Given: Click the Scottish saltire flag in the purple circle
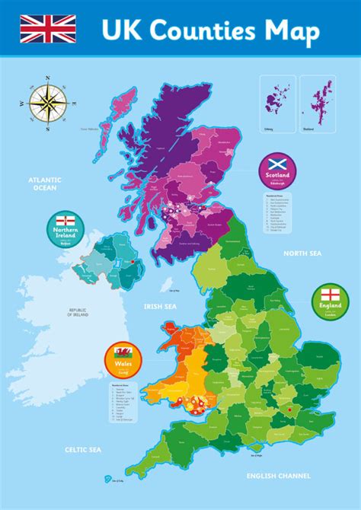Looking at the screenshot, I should point(276,164).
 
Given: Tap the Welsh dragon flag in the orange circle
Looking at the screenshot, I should point(122,353).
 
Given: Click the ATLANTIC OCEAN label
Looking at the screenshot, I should point(45,183).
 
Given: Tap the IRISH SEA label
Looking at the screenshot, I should point(159,306).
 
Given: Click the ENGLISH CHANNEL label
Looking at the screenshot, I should point(279,475).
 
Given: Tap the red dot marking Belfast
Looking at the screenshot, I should point(134,261).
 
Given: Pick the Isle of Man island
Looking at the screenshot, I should point(166,282).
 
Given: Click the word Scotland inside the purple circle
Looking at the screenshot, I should point(276,175).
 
